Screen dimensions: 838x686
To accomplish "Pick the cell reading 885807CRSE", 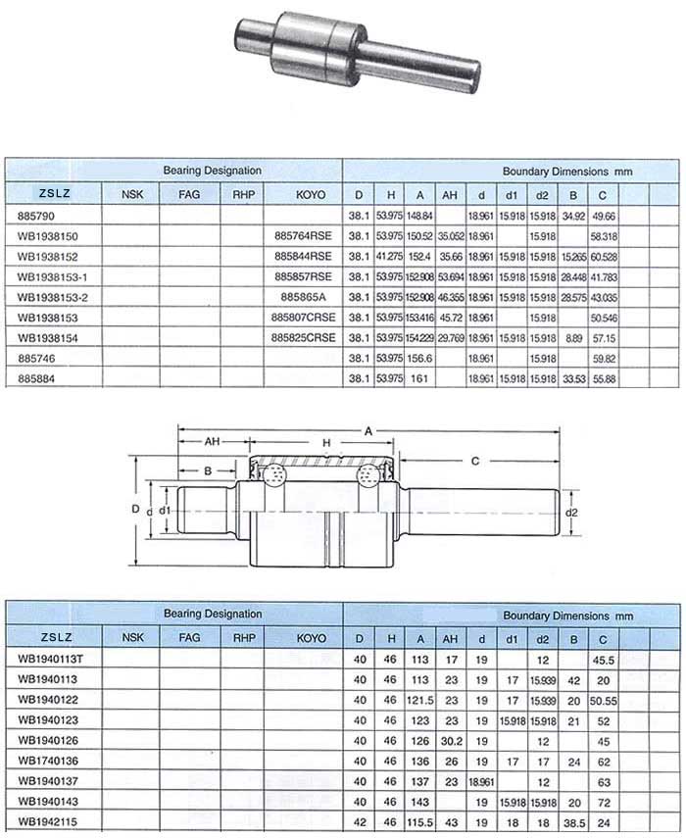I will (304, 317).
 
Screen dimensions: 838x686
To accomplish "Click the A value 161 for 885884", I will (419, 378).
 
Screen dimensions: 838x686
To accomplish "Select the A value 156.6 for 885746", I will (419, 358).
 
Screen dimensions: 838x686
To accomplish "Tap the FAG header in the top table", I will (189, 194).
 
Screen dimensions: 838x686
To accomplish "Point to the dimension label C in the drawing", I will (474, 460).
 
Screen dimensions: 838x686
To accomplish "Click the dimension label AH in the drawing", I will (211, 442).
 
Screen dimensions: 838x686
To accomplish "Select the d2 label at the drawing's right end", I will (572, 512).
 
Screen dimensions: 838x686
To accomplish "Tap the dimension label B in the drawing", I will (207, 470).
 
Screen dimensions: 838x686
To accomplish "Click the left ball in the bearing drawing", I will (273, 477).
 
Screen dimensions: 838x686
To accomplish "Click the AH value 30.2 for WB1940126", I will (451, 739).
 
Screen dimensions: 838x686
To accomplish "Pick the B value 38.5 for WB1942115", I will (574, 820).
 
